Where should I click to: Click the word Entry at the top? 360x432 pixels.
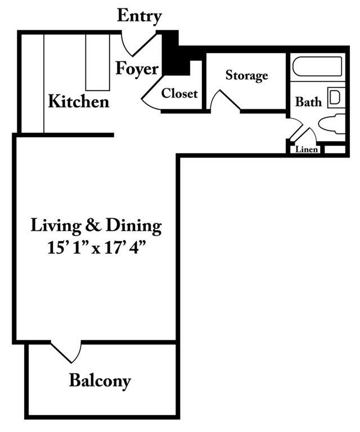click(x=139, y=16)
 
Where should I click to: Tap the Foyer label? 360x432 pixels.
click(x=137, y=69)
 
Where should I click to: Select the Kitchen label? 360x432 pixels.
click(x=79, y=101)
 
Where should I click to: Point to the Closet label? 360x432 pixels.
click(x=179, y=93)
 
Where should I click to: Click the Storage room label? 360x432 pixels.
click(x=246, y=75)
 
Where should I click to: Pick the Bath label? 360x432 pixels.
click(x=308, y=102)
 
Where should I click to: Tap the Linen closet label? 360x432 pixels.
click(x=307, y=150)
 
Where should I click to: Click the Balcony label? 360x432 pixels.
click(x=100, y=381)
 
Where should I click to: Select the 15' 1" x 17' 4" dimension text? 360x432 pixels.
click(x=96, y=247)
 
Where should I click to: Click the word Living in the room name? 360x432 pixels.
click(x=56, y=226)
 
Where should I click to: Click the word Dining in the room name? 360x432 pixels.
click(x=134, y=226)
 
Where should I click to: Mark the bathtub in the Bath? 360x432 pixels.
click(x=317, y=66)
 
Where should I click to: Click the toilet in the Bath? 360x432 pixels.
click(x=332, y=124)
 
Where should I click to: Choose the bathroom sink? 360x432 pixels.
click(x=336, y=97)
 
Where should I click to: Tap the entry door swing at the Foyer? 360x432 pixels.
click(x=138, y=44)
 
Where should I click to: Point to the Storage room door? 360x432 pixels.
click(x=225, y=100)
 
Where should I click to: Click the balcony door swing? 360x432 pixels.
click(x=67, y=352)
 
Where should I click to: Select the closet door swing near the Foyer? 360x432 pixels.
click(x=151, y=94)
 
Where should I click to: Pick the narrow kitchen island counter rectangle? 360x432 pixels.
click(x=97, y=62)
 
